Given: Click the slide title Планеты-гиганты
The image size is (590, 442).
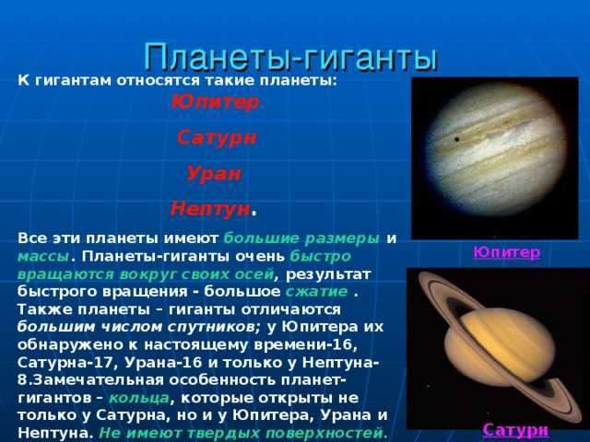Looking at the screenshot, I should point(290,56).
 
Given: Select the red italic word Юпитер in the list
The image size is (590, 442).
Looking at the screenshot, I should point(215,101).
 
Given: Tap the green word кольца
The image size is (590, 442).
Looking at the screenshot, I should point(138,398).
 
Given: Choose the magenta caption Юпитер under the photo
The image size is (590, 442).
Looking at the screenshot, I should point(506,251).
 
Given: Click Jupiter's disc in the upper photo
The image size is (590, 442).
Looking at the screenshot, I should point(495,157).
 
